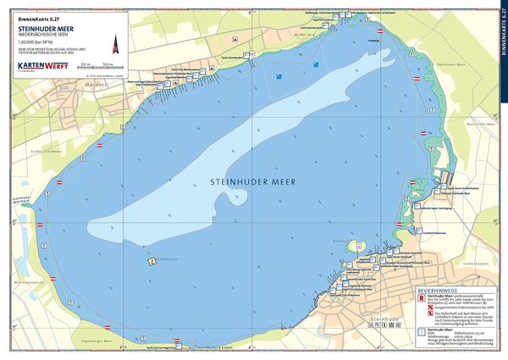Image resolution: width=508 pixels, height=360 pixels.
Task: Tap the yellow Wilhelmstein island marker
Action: pyautogui.click(x=151, y=262)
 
